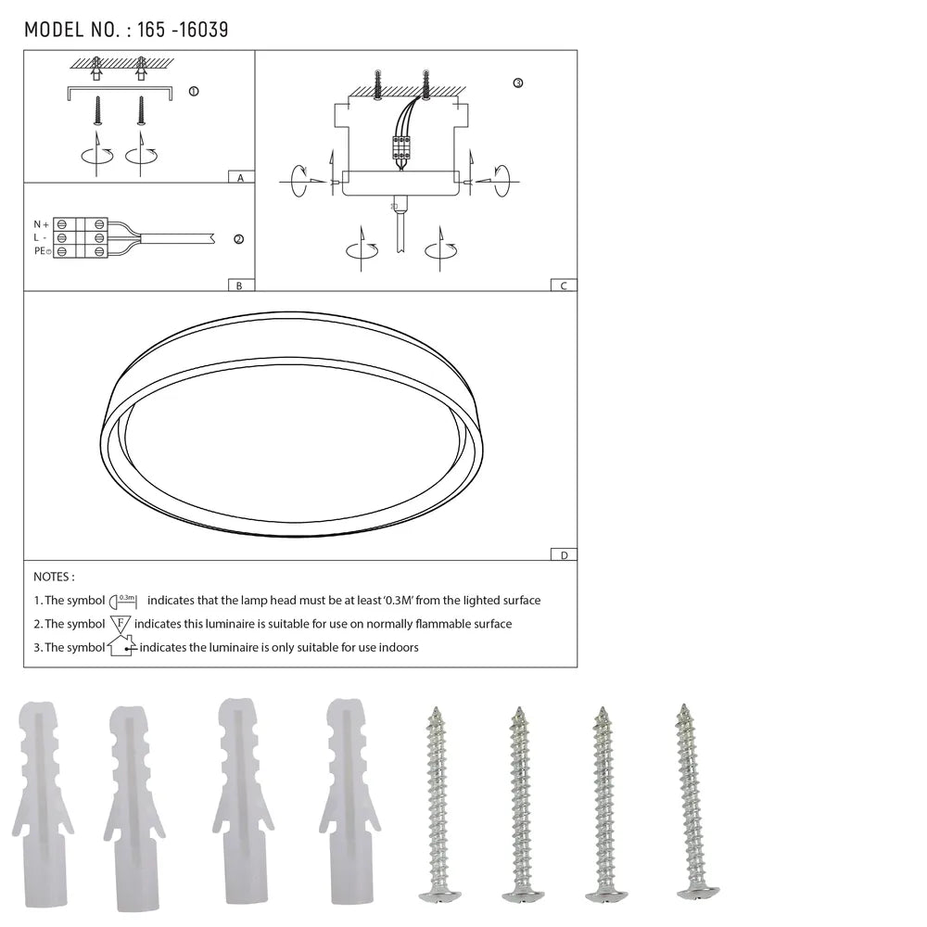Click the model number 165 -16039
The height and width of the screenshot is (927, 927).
click(182, 30)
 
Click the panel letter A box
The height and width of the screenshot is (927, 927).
click(240, 177)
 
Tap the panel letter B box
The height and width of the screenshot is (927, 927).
click(239, 286)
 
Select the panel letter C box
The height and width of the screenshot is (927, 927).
click(563, 286)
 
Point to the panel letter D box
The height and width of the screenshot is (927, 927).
click(563, 555)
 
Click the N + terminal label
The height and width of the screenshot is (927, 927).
click(41, 224)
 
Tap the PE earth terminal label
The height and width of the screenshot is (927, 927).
click(41, 251)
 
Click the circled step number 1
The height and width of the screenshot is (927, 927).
click(193, 92)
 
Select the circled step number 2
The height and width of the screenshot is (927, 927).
click(238, 239)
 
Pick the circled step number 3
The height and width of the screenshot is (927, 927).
click(517, 83)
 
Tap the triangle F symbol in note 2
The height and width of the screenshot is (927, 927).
click(121, 624)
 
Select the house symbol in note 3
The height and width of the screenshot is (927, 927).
click(121, 646)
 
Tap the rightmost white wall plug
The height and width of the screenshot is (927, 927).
click(347, 802)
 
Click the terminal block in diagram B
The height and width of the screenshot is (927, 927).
click(80, 238)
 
